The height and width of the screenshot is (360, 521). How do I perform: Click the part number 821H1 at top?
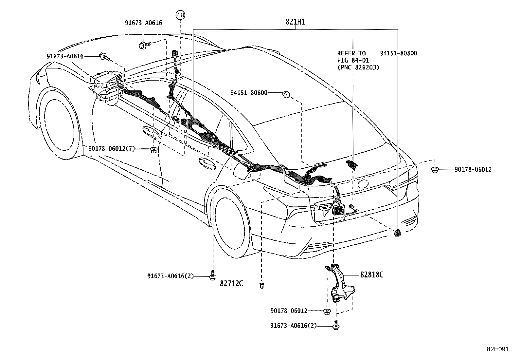(x=295, y=22)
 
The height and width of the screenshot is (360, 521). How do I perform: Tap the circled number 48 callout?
(x=180, y=15)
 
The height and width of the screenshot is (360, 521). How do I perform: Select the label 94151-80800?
(x=398, y=53)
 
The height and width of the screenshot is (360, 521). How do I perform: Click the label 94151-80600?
(x=249, y=93)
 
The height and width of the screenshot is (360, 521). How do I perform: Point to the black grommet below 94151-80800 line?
(x=398, y=233)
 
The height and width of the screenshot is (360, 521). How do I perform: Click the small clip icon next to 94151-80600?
(x=286, y=95)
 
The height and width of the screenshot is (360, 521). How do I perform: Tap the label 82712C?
(x=231, y=284)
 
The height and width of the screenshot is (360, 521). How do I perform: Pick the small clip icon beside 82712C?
(x=261, y=285)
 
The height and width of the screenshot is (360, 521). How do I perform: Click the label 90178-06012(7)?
(x=111, y=149)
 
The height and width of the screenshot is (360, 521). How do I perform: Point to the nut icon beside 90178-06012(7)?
(x=153, y=150)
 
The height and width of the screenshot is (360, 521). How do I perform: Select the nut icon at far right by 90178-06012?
(x=435, y=170)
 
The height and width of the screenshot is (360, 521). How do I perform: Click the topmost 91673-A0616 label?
(x=143, y=23)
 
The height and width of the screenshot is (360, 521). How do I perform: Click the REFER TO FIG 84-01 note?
(x=355, y=60)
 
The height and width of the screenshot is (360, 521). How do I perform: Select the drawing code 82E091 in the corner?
(x=497, y=349)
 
